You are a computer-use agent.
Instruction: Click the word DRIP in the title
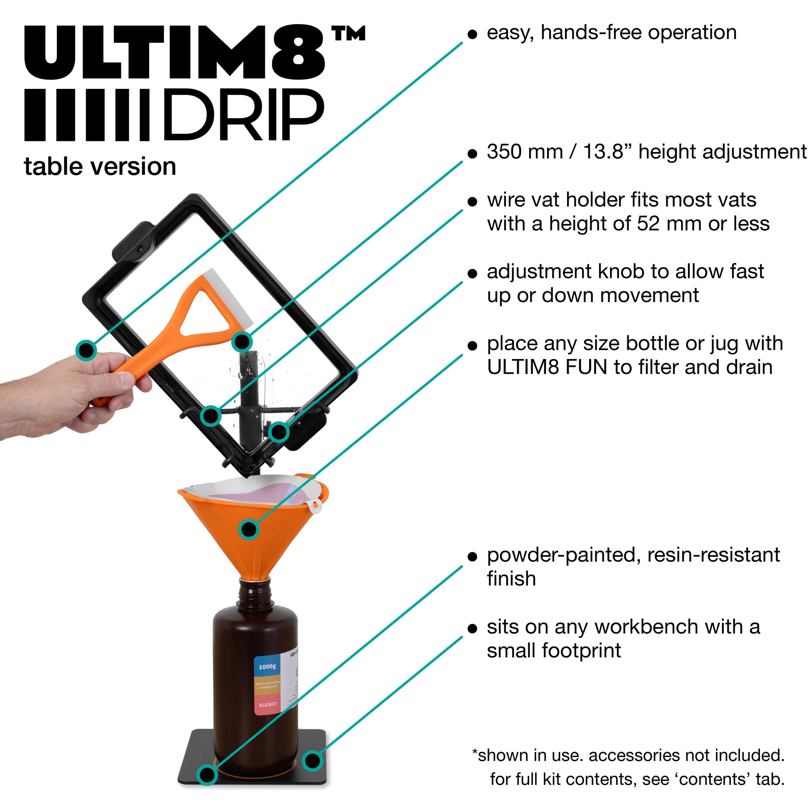click(x=243, y=115)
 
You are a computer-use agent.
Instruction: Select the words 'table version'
click(x=100, y=167)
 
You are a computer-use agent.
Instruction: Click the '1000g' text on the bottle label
click(x=267, y=666)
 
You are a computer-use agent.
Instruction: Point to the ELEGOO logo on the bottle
click(x=267, y=705)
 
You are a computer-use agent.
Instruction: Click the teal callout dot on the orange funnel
click(x=249, y=529)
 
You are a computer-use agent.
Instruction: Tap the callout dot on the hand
click(x=86, y=349)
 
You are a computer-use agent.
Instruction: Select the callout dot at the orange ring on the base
click(x=207, y=775)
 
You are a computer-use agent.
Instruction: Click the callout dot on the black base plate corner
click(x=312, y=760)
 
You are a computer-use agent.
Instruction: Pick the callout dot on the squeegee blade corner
click(x=242, y=341)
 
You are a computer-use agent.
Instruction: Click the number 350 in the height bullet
click(x=504, y=152)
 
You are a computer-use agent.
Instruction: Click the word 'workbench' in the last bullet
click(x=647, y=627)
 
